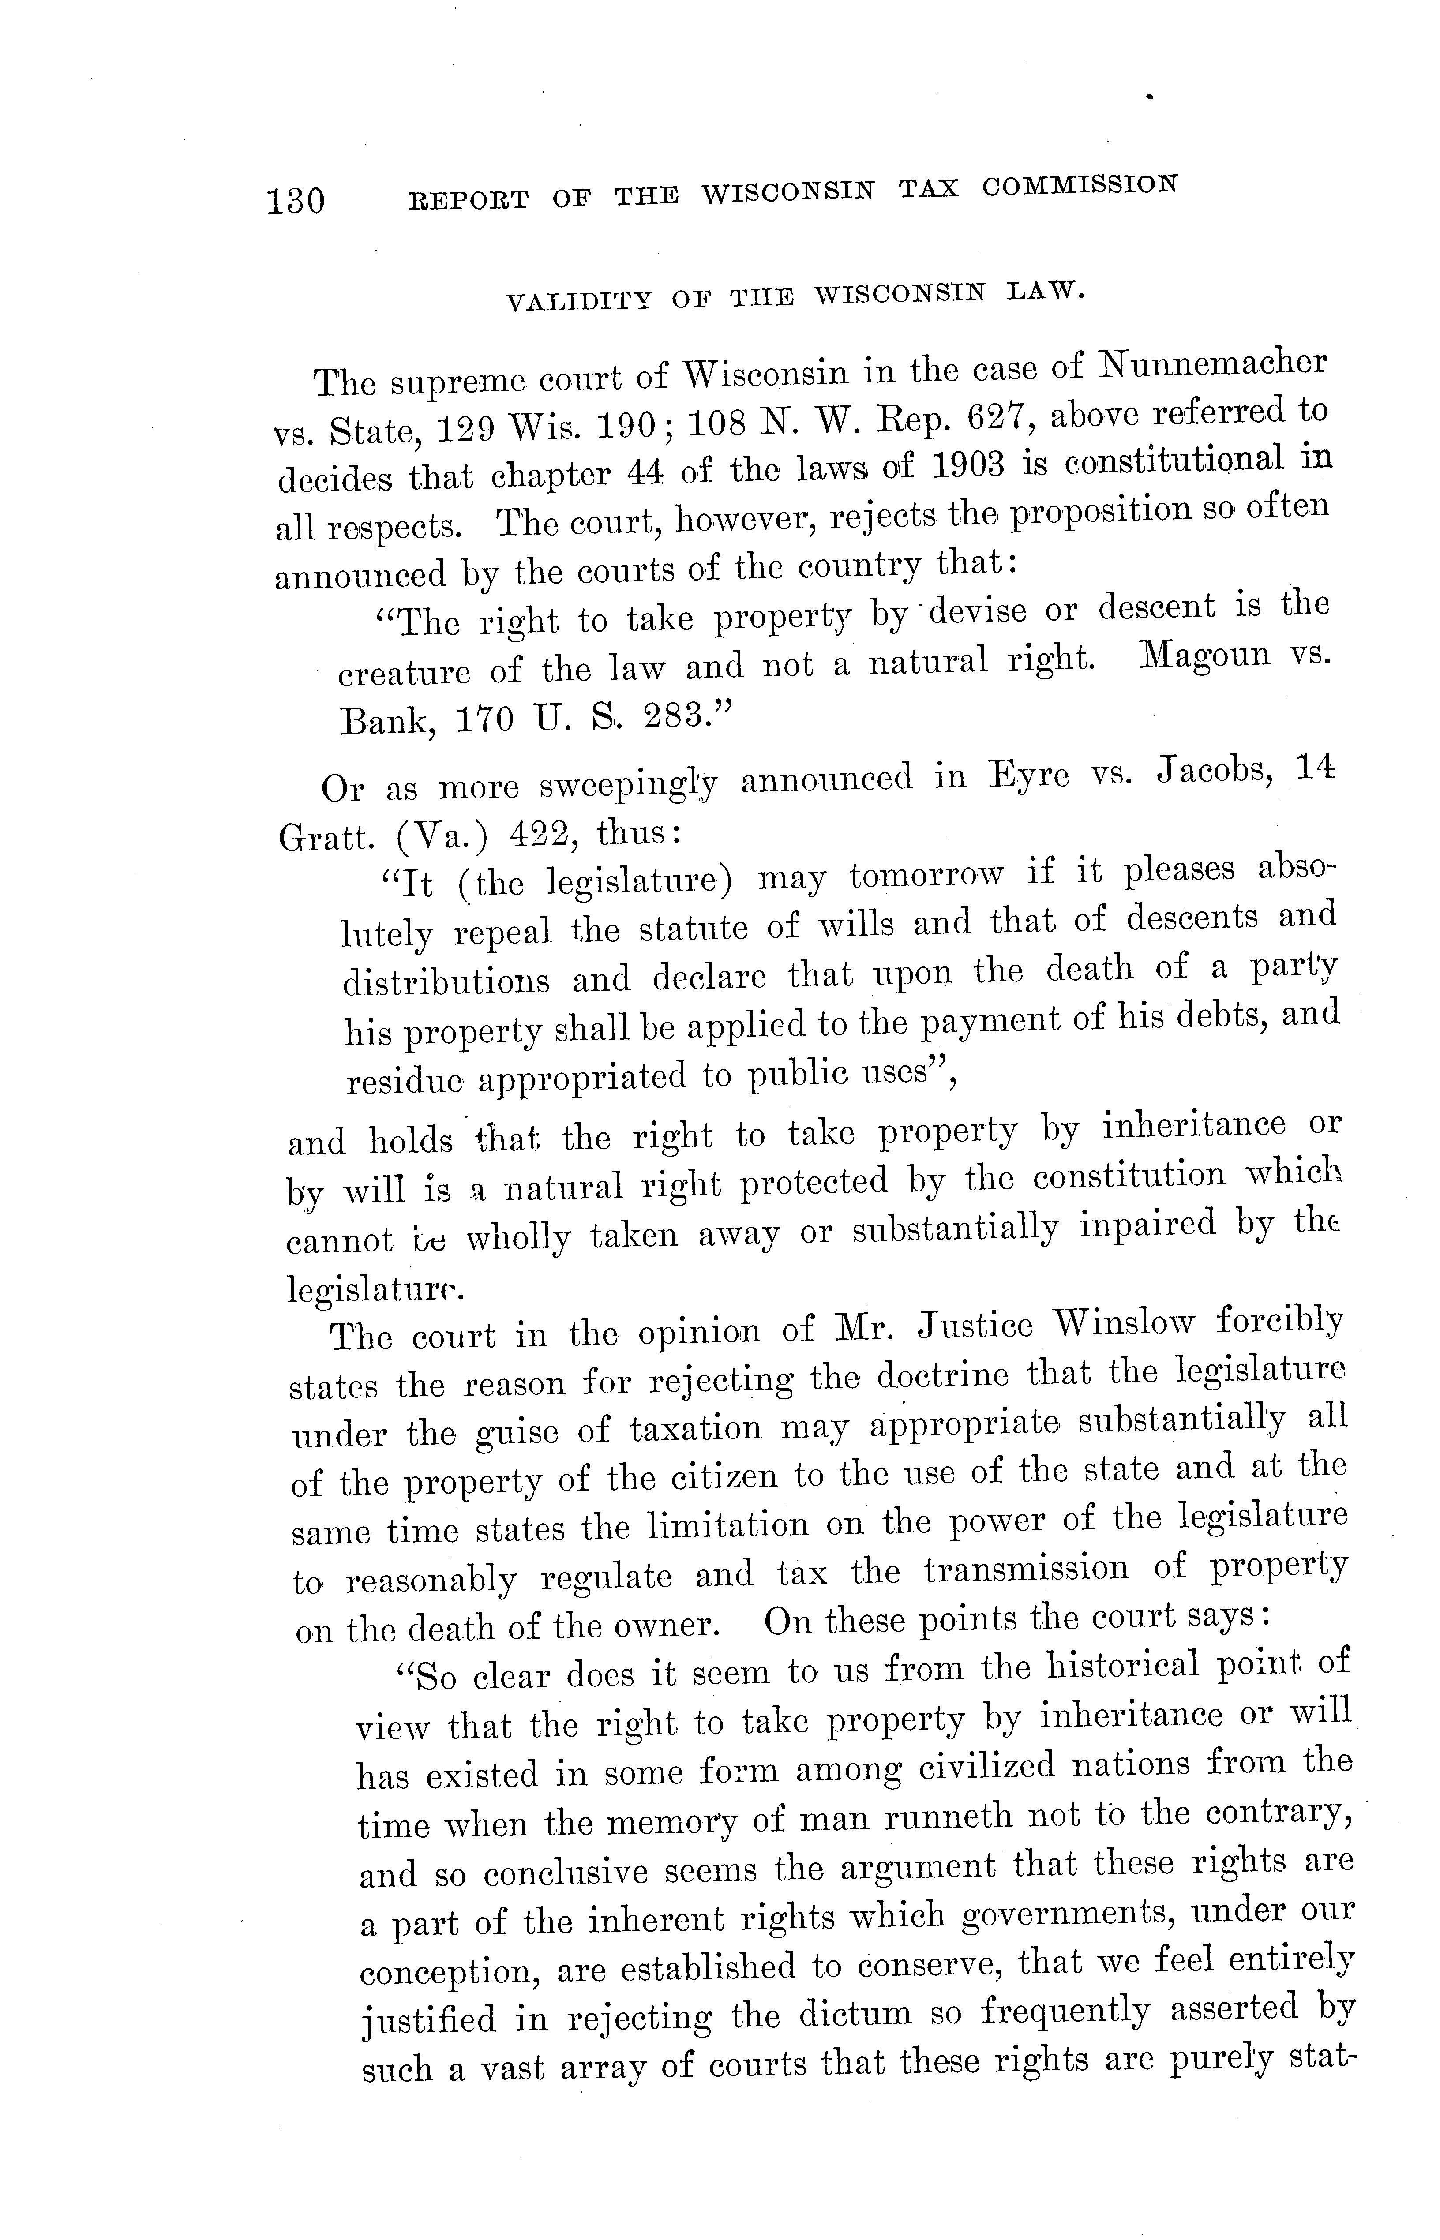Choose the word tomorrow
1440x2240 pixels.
pos(926,877)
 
